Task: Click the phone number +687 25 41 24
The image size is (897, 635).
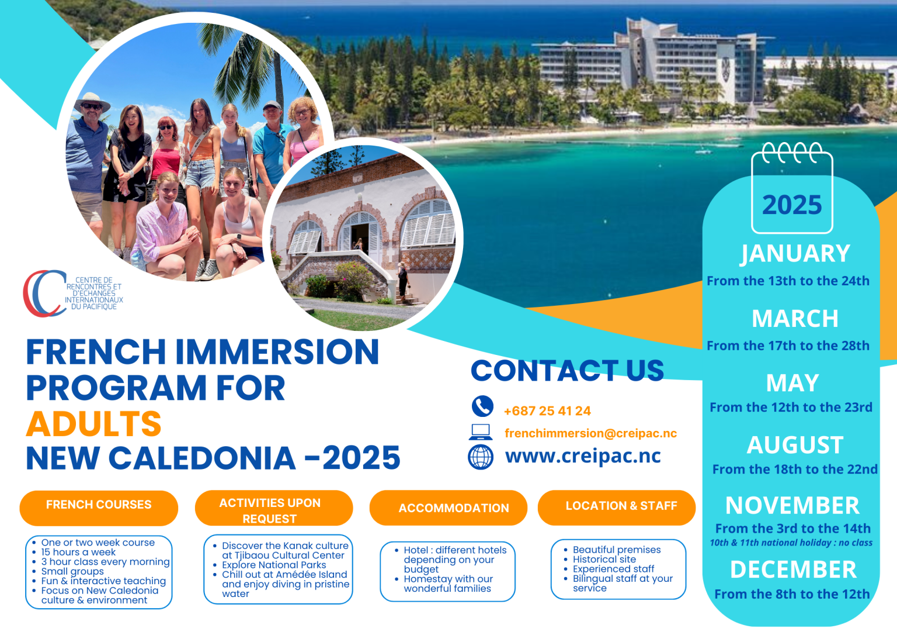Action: (547, 411)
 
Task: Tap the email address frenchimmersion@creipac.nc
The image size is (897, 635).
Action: (590, 433)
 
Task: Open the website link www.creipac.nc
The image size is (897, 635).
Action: (583, 456)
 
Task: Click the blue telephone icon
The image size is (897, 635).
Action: (482, 406)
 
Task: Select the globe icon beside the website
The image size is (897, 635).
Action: (481, 457)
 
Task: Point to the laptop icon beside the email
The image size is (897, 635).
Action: (481, 432)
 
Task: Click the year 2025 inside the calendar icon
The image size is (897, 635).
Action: (792, 205)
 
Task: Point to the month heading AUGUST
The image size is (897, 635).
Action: (795, 446)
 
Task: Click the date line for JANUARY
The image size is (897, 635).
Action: (788, 281)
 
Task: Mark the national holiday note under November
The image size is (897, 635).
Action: (791, 543)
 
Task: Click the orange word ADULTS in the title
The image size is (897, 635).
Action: (94, 423)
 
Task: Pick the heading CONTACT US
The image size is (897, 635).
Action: (567, 371)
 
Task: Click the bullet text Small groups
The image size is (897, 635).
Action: (72, 571)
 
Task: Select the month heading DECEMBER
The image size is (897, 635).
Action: (793, 570)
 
